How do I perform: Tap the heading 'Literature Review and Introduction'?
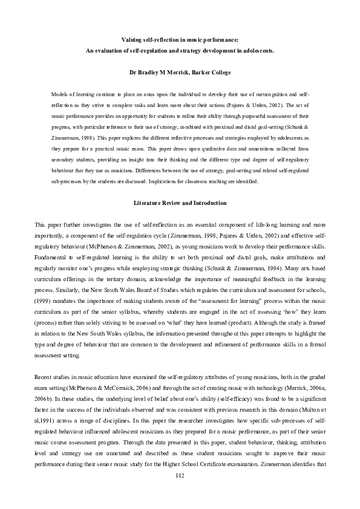180,203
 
